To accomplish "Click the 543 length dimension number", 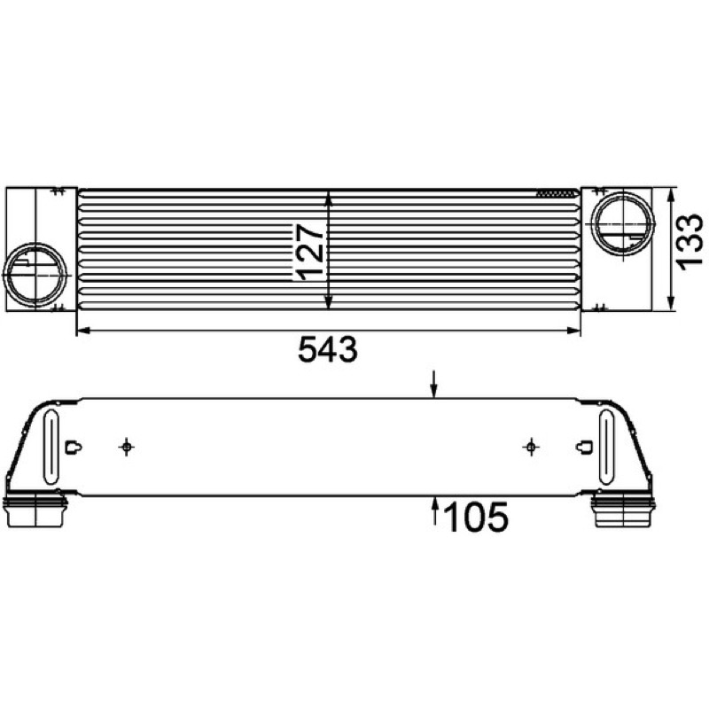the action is point(328,349).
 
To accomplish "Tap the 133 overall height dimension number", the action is point(690,242).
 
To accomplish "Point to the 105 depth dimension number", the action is point(476,517).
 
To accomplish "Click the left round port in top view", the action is point(35,275).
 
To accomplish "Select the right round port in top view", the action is point(625,224).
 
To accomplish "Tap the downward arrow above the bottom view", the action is point(434,385).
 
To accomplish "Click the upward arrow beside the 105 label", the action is point(435,511).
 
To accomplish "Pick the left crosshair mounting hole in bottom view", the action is point(127,448).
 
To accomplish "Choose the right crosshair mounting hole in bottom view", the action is point(531,448).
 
